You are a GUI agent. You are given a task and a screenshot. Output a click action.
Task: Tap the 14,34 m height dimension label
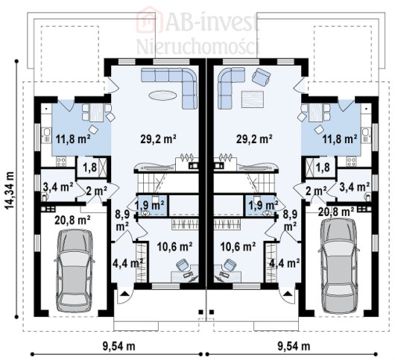click(10, 190)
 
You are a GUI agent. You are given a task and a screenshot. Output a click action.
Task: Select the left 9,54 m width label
click(118, 346)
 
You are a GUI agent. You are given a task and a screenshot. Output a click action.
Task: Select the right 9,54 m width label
click(294, 346)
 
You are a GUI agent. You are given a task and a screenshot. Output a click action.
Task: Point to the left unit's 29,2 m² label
click(158, 139)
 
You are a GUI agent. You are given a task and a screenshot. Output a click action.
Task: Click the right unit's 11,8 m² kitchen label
click(340, 139)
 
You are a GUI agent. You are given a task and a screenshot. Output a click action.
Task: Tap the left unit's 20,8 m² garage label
click(72, 220)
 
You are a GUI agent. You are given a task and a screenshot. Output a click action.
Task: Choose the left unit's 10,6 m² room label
click(175, 247)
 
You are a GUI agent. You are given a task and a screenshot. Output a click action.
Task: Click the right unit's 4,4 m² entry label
click(285, 263)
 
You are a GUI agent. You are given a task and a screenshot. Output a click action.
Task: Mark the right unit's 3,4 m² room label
click(354, 187)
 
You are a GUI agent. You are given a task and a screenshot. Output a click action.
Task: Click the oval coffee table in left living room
click(162, 95)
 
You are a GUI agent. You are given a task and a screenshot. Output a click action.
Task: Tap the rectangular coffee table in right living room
click(253, 100)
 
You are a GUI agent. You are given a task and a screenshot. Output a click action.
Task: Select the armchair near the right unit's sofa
click(262, 76)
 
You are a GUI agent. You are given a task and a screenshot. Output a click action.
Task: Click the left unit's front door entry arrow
click(124, 293)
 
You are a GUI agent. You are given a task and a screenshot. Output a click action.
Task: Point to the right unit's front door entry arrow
click(287, 293)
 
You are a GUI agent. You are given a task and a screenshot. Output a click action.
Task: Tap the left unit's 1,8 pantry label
click(89, 167)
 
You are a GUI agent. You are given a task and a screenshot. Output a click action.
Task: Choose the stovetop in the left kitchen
click(61, 162)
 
